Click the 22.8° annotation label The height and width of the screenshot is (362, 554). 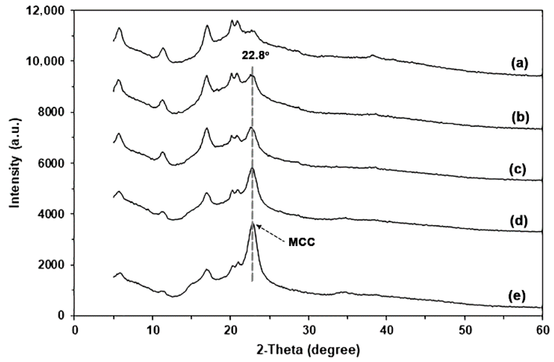[x=255, y=55]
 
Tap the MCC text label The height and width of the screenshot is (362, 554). [x=302, y=242]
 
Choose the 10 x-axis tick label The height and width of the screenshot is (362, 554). [x=152, y=331]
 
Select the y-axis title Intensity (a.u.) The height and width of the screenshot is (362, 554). [x=15, y=163]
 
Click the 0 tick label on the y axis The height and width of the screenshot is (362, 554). [x=63, y=316]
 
